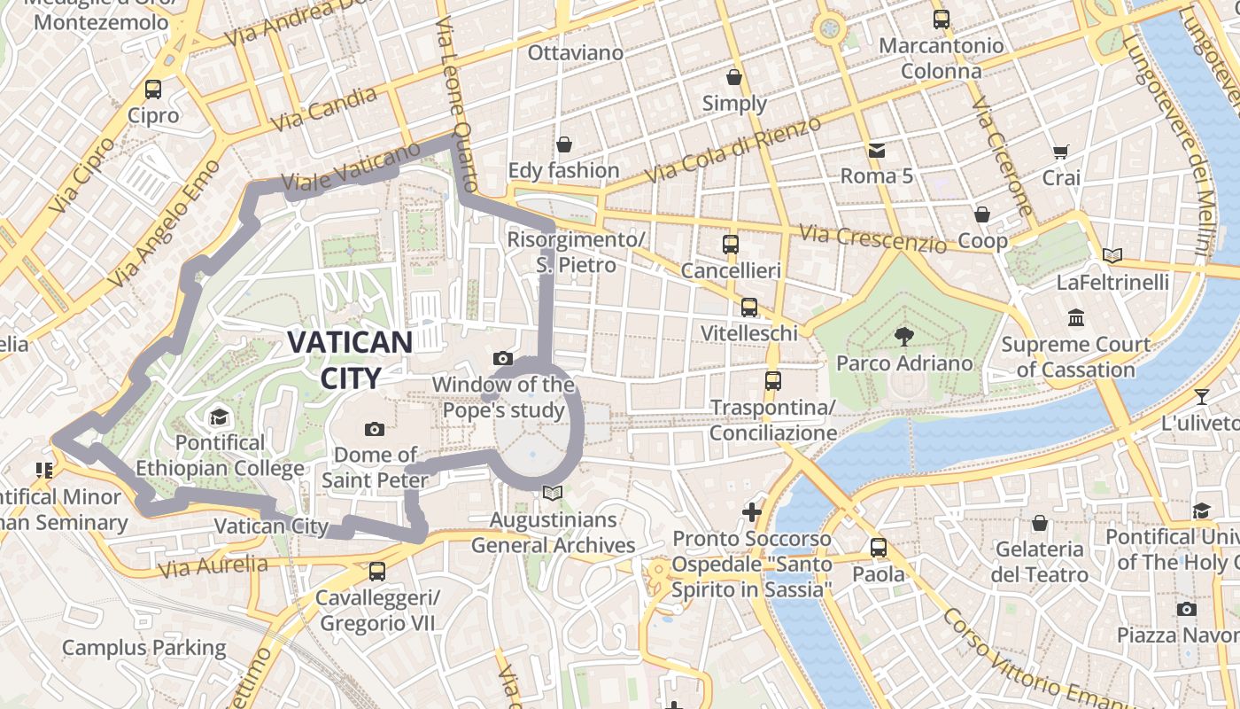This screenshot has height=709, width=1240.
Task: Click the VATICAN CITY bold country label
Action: [x=351, y=359]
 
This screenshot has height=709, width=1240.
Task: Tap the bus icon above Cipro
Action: [x=153, y=89]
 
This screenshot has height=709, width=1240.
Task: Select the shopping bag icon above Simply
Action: [x=733, y=77]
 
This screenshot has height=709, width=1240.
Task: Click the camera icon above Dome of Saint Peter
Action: [x=375, y=429]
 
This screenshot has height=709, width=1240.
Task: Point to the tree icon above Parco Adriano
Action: [x=904, y=336]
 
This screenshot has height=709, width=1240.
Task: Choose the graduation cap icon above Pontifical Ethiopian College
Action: [x=218, y=416]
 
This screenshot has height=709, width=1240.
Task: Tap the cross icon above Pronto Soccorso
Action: [x=751, y=511]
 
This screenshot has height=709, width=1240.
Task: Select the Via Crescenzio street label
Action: [x=872, y=238]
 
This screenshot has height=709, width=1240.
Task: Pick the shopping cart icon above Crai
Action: [x=1060, y=152]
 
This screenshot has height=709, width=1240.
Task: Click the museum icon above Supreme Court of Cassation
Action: [x=1076, y=317]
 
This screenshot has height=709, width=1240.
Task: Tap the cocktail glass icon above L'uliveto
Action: [x=1201, y=396]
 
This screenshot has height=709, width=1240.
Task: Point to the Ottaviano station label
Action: [x=576, y=53]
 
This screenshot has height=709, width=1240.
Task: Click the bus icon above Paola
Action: [x=878, y=547]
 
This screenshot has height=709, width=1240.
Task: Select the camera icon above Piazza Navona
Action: [x=1186, y=609]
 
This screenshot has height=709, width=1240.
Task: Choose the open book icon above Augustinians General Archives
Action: [x=553, y=493]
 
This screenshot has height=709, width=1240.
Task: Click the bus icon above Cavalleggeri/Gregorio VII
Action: [x=377, y=572]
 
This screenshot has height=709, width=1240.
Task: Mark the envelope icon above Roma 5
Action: [x=876, y=150]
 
